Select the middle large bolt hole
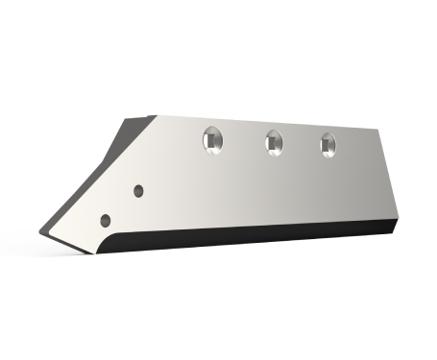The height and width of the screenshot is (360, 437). pos(273,141)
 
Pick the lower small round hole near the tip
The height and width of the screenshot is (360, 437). pos(107,218)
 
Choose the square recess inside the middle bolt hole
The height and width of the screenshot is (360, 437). pos(275,143)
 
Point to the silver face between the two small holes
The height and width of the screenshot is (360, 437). pos(123,204)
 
